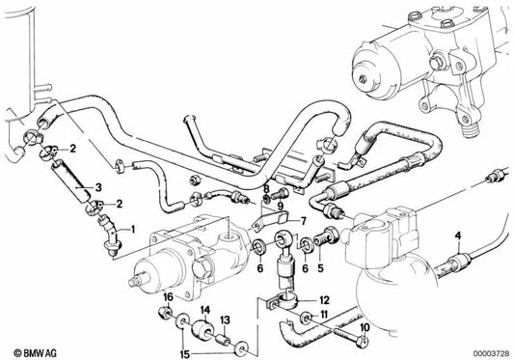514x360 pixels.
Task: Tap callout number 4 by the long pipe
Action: pyautogui.click(x=458, y=235)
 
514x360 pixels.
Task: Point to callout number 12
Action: pyautogui.click(x=324, y=300)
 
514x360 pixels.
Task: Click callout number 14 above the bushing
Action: pyautogui.click(x=205, y=310)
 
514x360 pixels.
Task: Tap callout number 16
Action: pyautogui.click(x=168, y=297)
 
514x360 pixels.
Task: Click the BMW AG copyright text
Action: pyautogui.click(x=31, y=348)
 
